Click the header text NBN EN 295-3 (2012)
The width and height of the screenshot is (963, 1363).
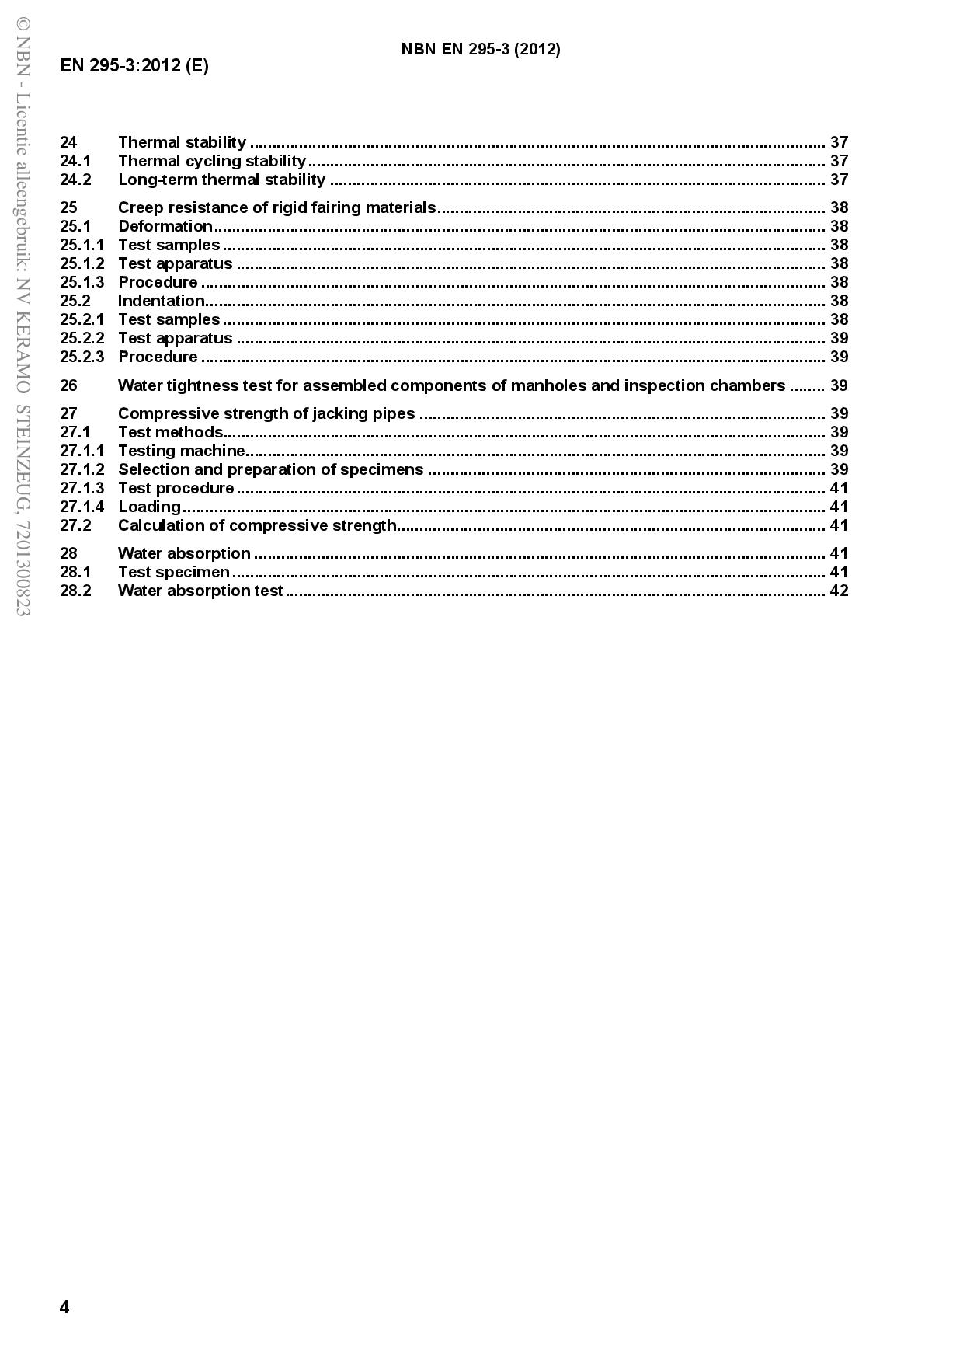pyautogui.click(x=481, y=49)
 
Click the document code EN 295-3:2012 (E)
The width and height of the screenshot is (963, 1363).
pyautogui.click(x=134, y=65)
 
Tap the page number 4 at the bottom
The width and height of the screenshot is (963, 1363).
pyautogui.click(x=64, y=1307)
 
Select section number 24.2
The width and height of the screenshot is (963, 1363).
pyautogui.click(x=75, y=180)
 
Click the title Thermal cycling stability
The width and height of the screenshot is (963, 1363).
pyautogui.click(x=212, y=161)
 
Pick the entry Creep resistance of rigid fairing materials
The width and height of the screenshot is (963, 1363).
pyautogui.click(x=276, y=207)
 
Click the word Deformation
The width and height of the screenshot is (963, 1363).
pyautogui.click(x=165, y=226)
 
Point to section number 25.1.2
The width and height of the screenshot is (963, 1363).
pyautogui.click(x=82, y=263)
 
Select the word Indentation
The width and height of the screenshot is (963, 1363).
pyautogui.click(x=162, y=301)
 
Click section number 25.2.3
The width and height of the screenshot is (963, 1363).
pyautogui.click(x=82, y=357)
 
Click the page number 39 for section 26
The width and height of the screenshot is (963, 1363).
pyautogui.click(x=839, y=385)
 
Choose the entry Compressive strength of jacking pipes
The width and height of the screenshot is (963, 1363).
pyautogui.click(x=266, y=413)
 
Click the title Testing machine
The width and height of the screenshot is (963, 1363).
pyautogui.click(x=182, y=451)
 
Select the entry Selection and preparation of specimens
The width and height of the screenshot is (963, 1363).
pyautogui.click(x=271, y=469)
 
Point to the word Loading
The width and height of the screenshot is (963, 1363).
pyautogui.click(x=149, y=507)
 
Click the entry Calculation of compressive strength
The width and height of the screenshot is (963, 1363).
pyautogui.click(x=257, y=525)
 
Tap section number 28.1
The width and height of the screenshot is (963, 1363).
pyautogui.click(x=75, y=572)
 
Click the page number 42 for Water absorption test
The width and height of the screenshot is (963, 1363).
pyautogui.click(x=839, y=591)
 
